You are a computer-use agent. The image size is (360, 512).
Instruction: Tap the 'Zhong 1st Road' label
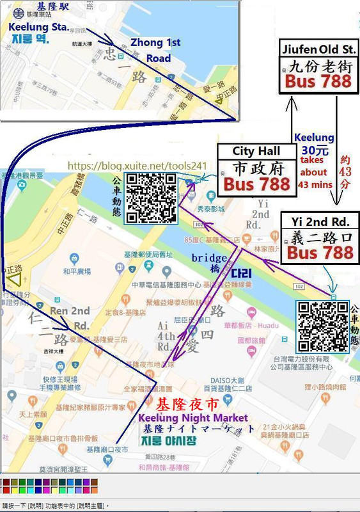tap(155, 50)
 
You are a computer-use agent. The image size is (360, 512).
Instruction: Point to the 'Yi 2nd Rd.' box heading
tap(319, 221)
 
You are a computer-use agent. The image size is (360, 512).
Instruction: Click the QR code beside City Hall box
tap(151, 197)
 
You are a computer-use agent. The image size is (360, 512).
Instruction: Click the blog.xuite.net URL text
tap(136, 165)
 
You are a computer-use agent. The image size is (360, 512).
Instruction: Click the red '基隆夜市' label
tap(186, 403)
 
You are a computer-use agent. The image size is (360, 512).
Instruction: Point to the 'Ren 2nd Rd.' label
tap(70, 317)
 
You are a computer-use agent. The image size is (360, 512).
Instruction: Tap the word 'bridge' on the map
tap(208, 257)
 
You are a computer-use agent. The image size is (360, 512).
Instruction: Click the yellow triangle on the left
tap(14, 278)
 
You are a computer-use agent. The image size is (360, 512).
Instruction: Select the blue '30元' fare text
tap(313, 151)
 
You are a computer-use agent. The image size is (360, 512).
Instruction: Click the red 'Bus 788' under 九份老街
tap(318, 81)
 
